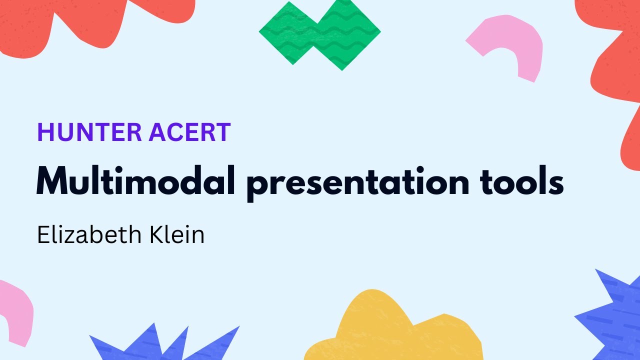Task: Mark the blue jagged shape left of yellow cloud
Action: coord(160,345)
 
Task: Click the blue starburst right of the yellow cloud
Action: coord(612,315)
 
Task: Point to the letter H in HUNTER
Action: coord(45,132)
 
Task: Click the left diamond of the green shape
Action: coord(290,32)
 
